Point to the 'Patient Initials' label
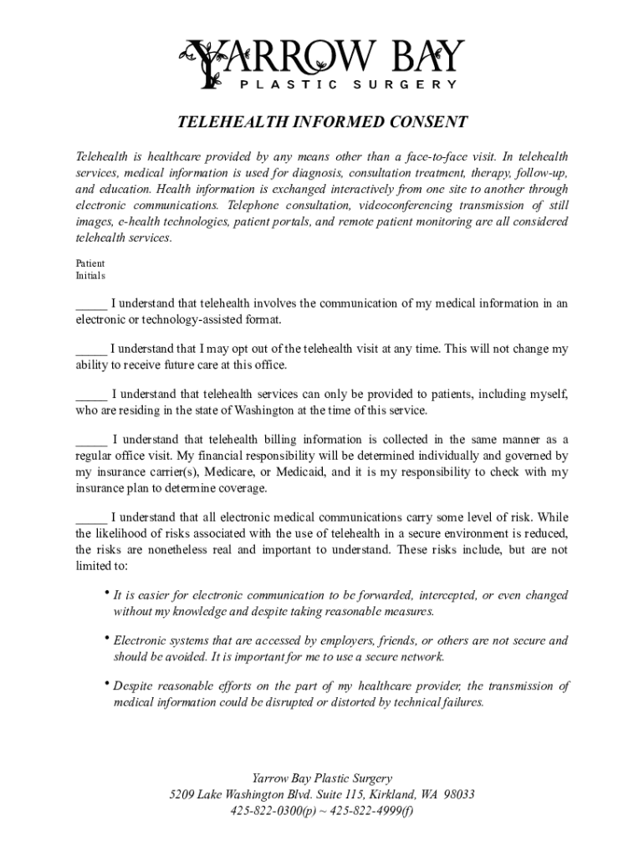(90, 269)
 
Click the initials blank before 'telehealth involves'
(91, 303)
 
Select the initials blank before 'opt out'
(91, 349)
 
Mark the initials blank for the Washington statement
(91, 394)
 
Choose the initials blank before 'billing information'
(91, 440)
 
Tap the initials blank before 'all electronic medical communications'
(91, 517)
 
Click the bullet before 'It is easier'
(107, 594)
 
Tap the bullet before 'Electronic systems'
(107, 639)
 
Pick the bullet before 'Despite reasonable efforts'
(107, 684)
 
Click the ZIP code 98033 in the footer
(458, 794)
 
